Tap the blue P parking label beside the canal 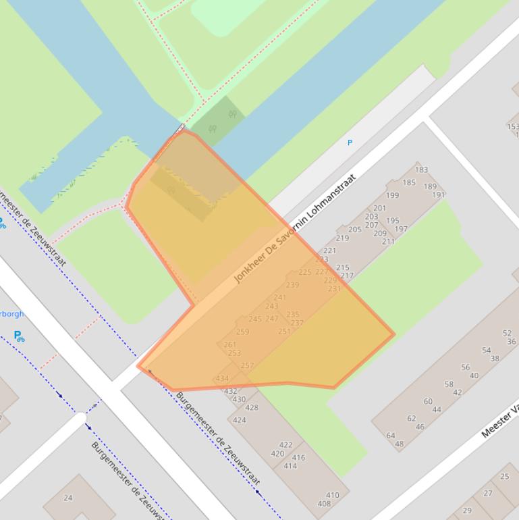pyautogui.click(x=350, y=142)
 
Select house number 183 pyautogui.click(x=422, y=170)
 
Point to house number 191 pyautogui.click(x=439, y=195)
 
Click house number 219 pyautogui.click(x=342, y=238)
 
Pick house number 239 pyautogui.click(x=292, y=285)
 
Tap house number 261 pyautogui.click(x=230, y=344)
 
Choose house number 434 pyautogui.click(x=222, y=379)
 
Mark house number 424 pyautogui.click(x=240, y=420)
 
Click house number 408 pyautogui.click(x=324, y=503)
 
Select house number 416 pyautogui.click(x=299, y=458)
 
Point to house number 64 pyautogui.click(x=391, y=436)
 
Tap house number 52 pyautogui.click(x=508, y=333)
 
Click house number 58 pyautogui.click(x=449, y=384)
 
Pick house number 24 pyautogui.click(x=67, y=498)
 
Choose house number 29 pyautogui.click(x=467, y=511)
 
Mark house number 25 pyautogui.click(x=505, y=477)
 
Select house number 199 pyautogui.click(x=392, y=195)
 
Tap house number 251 pyautogui.click(x=284, y=332)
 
